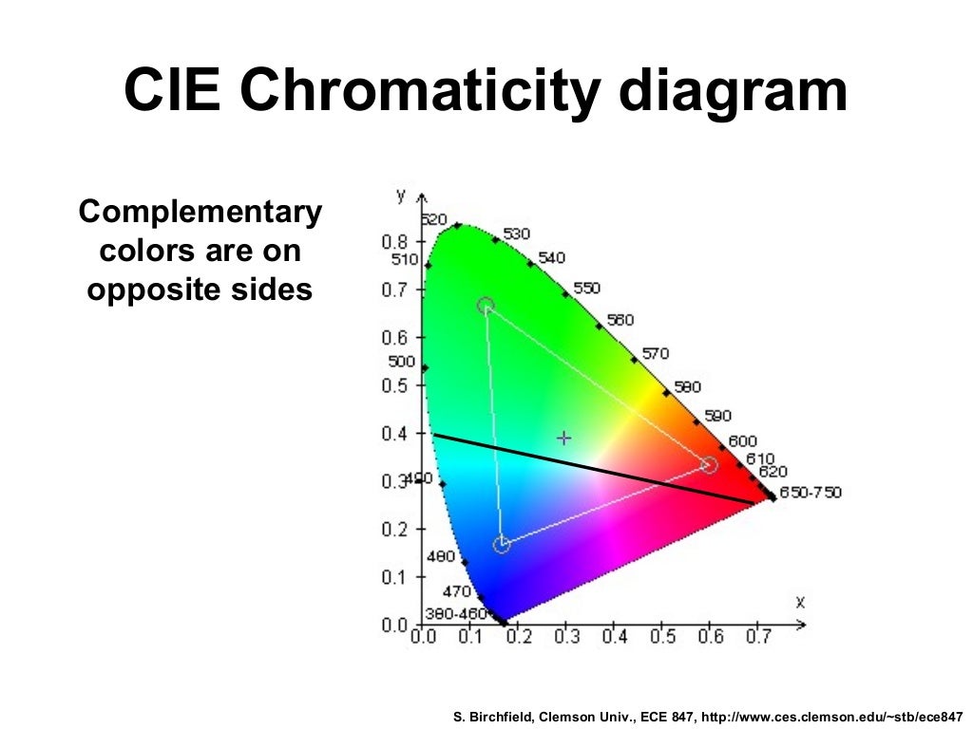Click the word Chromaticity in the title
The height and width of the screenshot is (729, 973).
[418, 92]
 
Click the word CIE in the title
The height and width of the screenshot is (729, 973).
[175, 92]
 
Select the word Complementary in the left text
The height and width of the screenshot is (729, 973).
[200, 213]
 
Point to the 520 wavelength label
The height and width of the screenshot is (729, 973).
[433, 219]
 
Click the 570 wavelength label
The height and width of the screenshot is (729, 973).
[655, 354]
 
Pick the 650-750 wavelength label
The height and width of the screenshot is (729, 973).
[810, 493]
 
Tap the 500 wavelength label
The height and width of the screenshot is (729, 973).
[401, 362]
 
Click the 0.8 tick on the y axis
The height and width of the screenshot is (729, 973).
[394, 241]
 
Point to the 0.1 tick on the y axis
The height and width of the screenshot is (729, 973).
[394, 577]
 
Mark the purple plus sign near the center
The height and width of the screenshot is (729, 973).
[564, 439]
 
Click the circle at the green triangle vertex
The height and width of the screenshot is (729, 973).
[486, 306]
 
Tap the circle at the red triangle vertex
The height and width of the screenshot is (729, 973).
[709, 464]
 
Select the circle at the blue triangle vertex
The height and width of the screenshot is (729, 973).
[502, 545]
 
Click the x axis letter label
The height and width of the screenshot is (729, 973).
[800, 602]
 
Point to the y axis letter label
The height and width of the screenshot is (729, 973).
[401, 196]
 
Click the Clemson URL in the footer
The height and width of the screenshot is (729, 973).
[831, 708]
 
